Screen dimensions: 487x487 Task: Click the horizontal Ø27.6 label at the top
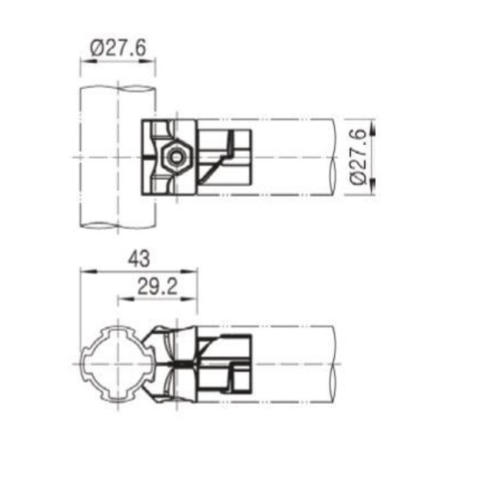118,48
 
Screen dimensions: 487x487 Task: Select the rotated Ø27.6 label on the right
359,156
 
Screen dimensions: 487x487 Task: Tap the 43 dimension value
138,260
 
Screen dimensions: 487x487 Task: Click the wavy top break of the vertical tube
118,87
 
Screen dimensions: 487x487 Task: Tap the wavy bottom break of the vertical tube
118,227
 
